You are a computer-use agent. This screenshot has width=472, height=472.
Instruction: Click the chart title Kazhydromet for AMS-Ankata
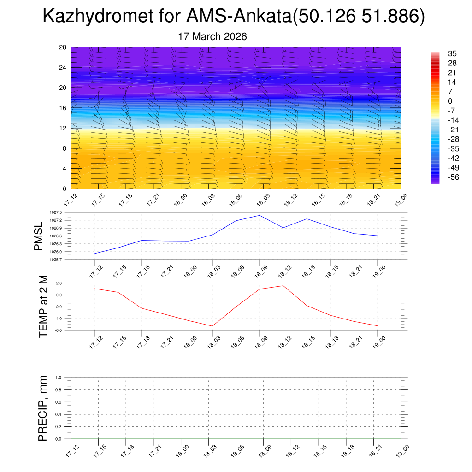click(x=233, y=17)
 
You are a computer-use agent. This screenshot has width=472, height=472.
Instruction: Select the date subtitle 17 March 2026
click(x=212, y=37)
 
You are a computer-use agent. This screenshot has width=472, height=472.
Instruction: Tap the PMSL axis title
click(x=38, y=236)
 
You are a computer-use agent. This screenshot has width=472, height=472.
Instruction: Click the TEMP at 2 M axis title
click(x=43, y=307)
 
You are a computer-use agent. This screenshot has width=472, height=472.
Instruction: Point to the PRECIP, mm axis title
click(x=43, y=408)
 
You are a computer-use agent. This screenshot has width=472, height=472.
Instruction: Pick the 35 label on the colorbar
click(x=452, y=54)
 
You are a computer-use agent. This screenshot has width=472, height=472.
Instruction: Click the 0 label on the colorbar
click(x=450, y=101)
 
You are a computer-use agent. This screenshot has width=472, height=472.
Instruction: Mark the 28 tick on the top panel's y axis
click(x=63, y=47)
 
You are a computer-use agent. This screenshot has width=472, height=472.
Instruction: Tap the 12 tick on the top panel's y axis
click(x=63, y=128)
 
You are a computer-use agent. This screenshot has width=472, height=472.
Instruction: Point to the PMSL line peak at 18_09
click(x=260, y=215)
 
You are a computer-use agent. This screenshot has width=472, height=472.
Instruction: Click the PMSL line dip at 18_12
click(x=283, y=228)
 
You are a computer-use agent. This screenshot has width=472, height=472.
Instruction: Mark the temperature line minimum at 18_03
click(x=212, y=326)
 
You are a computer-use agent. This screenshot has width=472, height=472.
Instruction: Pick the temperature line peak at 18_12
click(x=283, y=286)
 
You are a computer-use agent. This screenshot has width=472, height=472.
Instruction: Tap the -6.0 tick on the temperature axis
click(x=59, y=330)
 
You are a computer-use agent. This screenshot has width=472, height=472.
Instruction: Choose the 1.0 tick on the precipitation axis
click(x=59, y=378)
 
